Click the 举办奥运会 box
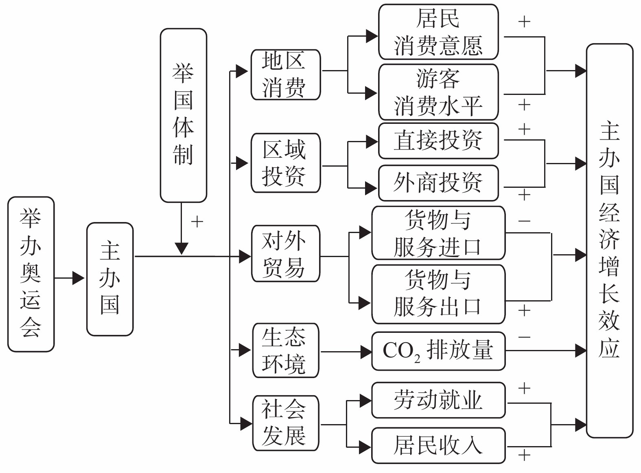point(31,274)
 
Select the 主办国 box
point(110,279)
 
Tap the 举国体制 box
point(184,115)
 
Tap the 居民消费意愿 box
point(438,32)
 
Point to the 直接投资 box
point(438,141)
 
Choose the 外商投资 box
point(438,183)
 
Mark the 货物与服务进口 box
point(438,233)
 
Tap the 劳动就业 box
point(438,400)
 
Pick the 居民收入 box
point(438,445)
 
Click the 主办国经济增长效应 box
point(609,240)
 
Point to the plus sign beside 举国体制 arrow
point(197,222)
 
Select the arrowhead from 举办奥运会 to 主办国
point(78,278)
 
